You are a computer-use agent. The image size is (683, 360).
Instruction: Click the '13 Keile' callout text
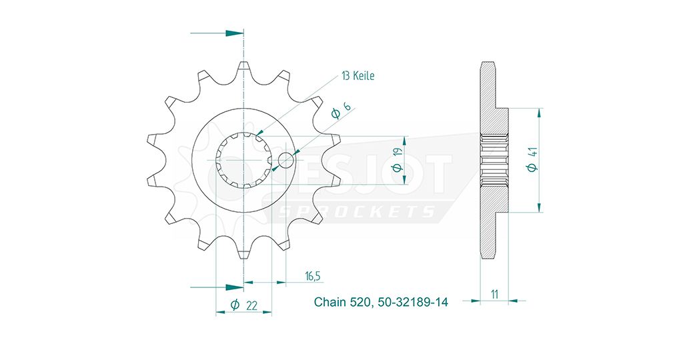pos(358,76)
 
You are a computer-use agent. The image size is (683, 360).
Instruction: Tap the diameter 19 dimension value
pos(397,159)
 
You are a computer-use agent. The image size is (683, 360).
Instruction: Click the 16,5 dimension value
pos(313,276)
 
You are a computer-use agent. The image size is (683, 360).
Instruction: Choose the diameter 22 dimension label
pos(243,305)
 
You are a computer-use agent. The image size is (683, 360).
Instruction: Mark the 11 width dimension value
pos(494,295)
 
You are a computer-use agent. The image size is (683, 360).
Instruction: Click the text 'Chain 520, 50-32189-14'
pos(381,302)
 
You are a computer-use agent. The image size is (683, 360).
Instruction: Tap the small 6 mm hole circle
pos(285,160)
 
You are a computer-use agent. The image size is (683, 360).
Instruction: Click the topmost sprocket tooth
pos(243,69)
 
